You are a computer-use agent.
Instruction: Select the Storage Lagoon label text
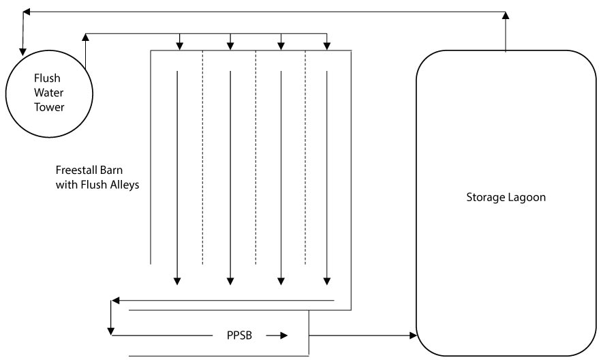click(x=506, y=198)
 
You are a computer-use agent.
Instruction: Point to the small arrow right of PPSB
click(x=277, y=335)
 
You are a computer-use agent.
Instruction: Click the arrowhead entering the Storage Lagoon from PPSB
click(x=412, y=335)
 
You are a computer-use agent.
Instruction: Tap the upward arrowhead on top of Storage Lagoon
click(x=506, y=15)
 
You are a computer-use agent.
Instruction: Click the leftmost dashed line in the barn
click(x=202, y=157)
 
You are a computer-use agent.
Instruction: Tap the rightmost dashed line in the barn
click(x=305, y=157)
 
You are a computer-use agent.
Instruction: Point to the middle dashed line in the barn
click(x=256, y=157)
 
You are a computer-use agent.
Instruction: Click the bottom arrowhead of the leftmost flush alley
click(x=177, y=279)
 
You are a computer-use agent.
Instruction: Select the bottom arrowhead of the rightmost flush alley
click(x=328, y=279)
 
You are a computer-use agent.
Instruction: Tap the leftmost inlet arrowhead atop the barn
click(x=179, y=46)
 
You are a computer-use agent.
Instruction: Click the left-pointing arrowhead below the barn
click(x=117, y=300)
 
